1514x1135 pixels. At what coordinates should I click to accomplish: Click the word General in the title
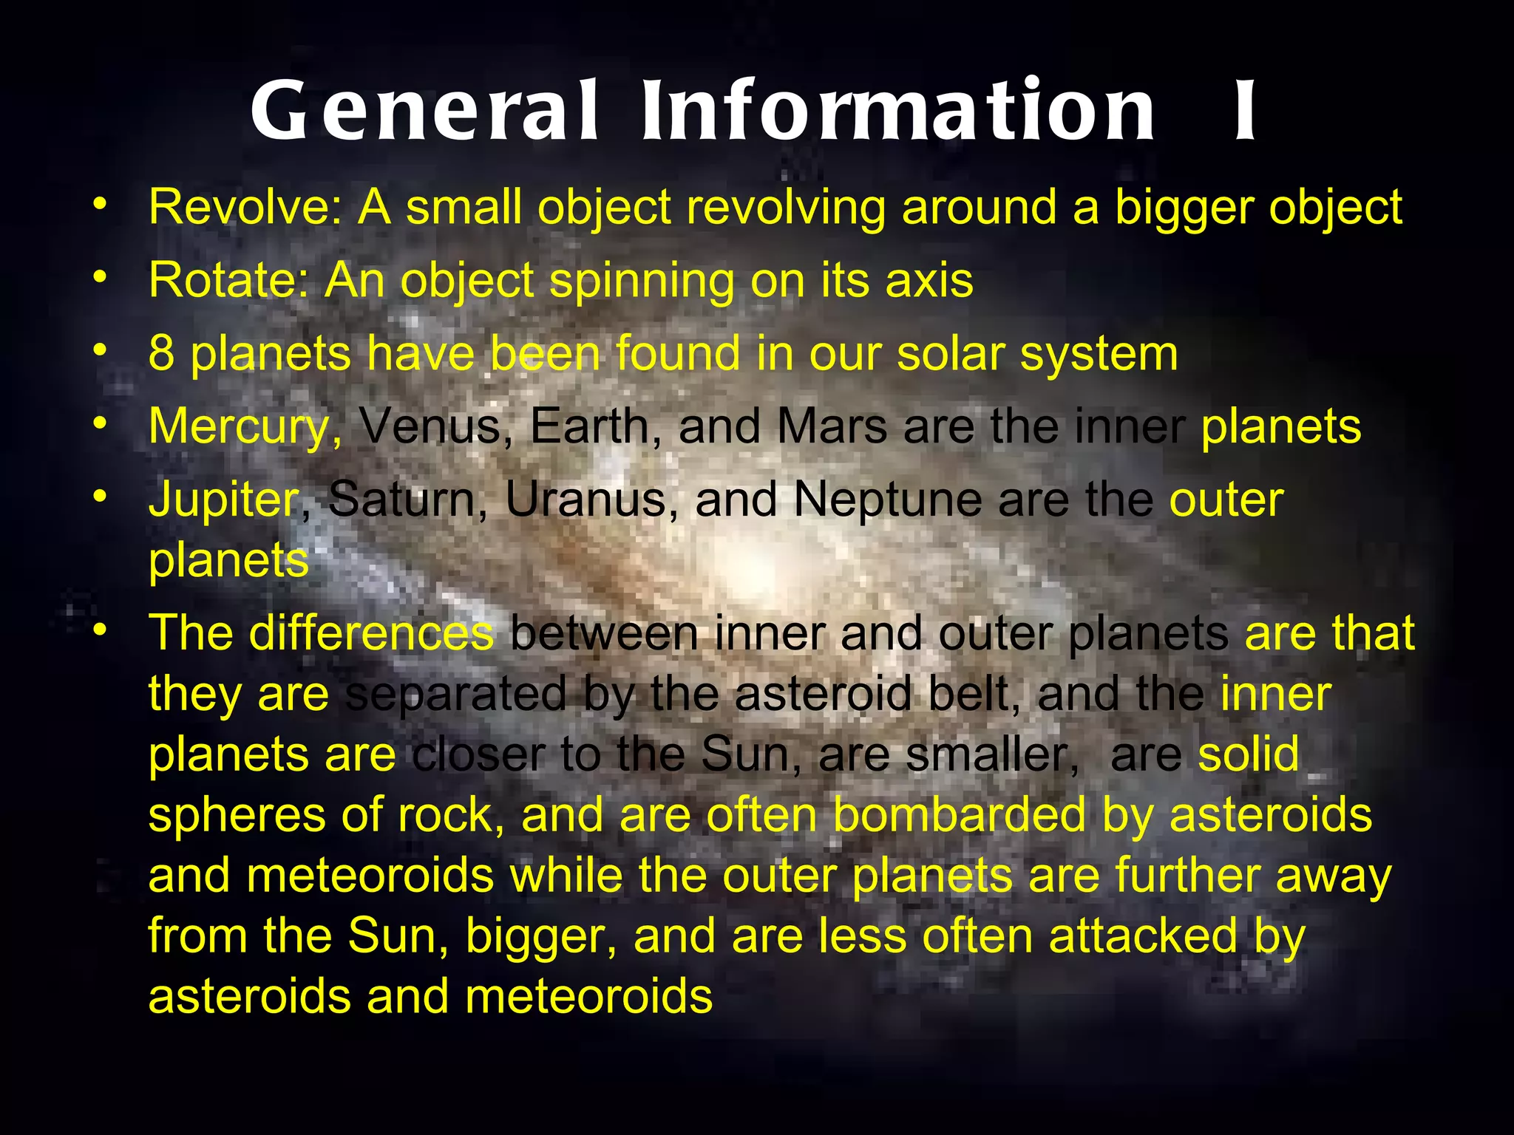pos(424,111)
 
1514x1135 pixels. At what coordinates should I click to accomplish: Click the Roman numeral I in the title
pos(1245,111)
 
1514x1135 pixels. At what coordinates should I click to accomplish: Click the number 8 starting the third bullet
pos(161,353)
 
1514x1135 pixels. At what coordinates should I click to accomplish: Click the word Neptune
pos(887,500)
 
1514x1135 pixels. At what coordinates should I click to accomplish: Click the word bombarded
pos(960,815)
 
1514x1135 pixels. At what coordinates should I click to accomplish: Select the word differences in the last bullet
pos(370,633)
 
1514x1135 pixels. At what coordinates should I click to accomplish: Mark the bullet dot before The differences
pos(101,630)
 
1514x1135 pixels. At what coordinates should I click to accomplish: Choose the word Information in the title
pos(897,111)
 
